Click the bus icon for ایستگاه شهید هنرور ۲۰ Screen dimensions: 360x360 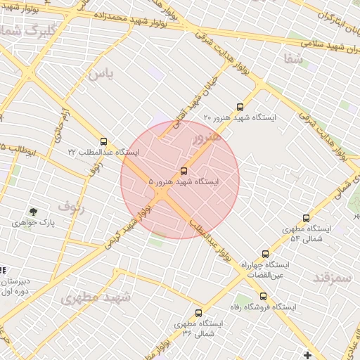tap(240, 108)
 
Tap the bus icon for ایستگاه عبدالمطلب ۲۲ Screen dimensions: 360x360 tap(104, 142)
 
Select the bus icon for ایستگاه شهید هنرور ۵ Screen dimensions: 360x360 tap(184, 171)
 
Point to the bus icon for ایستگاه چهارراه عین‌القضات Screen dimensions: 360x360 tap(265, 255)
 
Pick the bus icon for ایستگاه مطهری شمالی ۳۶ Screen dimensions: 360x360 tap(198, 313)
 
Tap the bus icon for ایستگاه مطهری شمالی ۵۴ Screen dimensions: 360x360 tap(306, 219)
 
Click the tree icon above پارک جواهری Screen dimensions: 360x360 tap(33, 212)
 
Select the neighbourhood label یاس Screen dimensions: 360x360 tap(101, 74)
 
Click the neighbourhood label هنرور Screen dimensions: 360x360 tap(206, 137)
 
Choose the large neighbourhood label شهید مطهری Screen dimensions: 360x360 tap(96, 297)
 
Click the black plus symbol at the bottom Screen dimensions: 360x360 tap(307, 354)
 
